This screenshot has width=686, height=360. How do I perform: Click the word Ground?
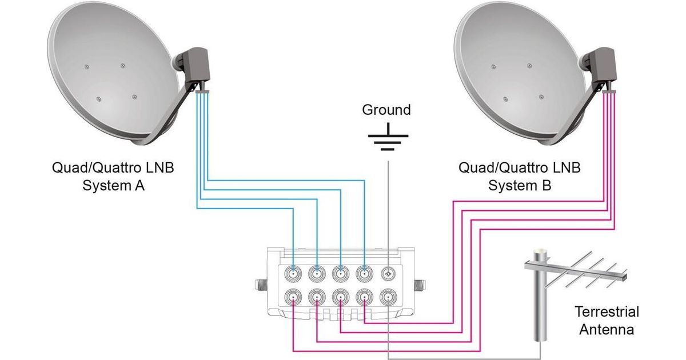[x=386, y=110]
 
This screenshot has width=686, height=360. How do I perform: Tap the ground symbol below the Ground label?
[x=388, y=137]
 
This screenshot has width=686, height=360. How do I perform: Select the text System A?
[x=114, y=185]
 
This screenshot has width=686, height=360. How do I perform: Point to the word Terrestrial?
[x=607, y=313]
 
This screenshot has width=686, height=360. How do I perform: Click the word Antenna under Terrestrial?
[x=607, y=330]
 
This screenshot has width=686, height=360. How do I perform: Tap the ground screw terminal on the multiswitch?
[x=389, y=274]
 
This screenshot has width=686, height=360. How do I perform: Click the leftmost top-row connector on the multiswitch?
[x=293, y=274]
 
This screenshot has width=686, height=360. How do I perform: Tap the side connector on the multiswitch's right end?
[x=420, y=283]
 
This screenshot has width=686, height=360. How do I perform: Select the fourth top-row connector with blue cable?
[x=365, y=274]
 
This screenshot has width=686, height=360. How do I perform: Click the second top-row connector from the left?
[x=317, y=274]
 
